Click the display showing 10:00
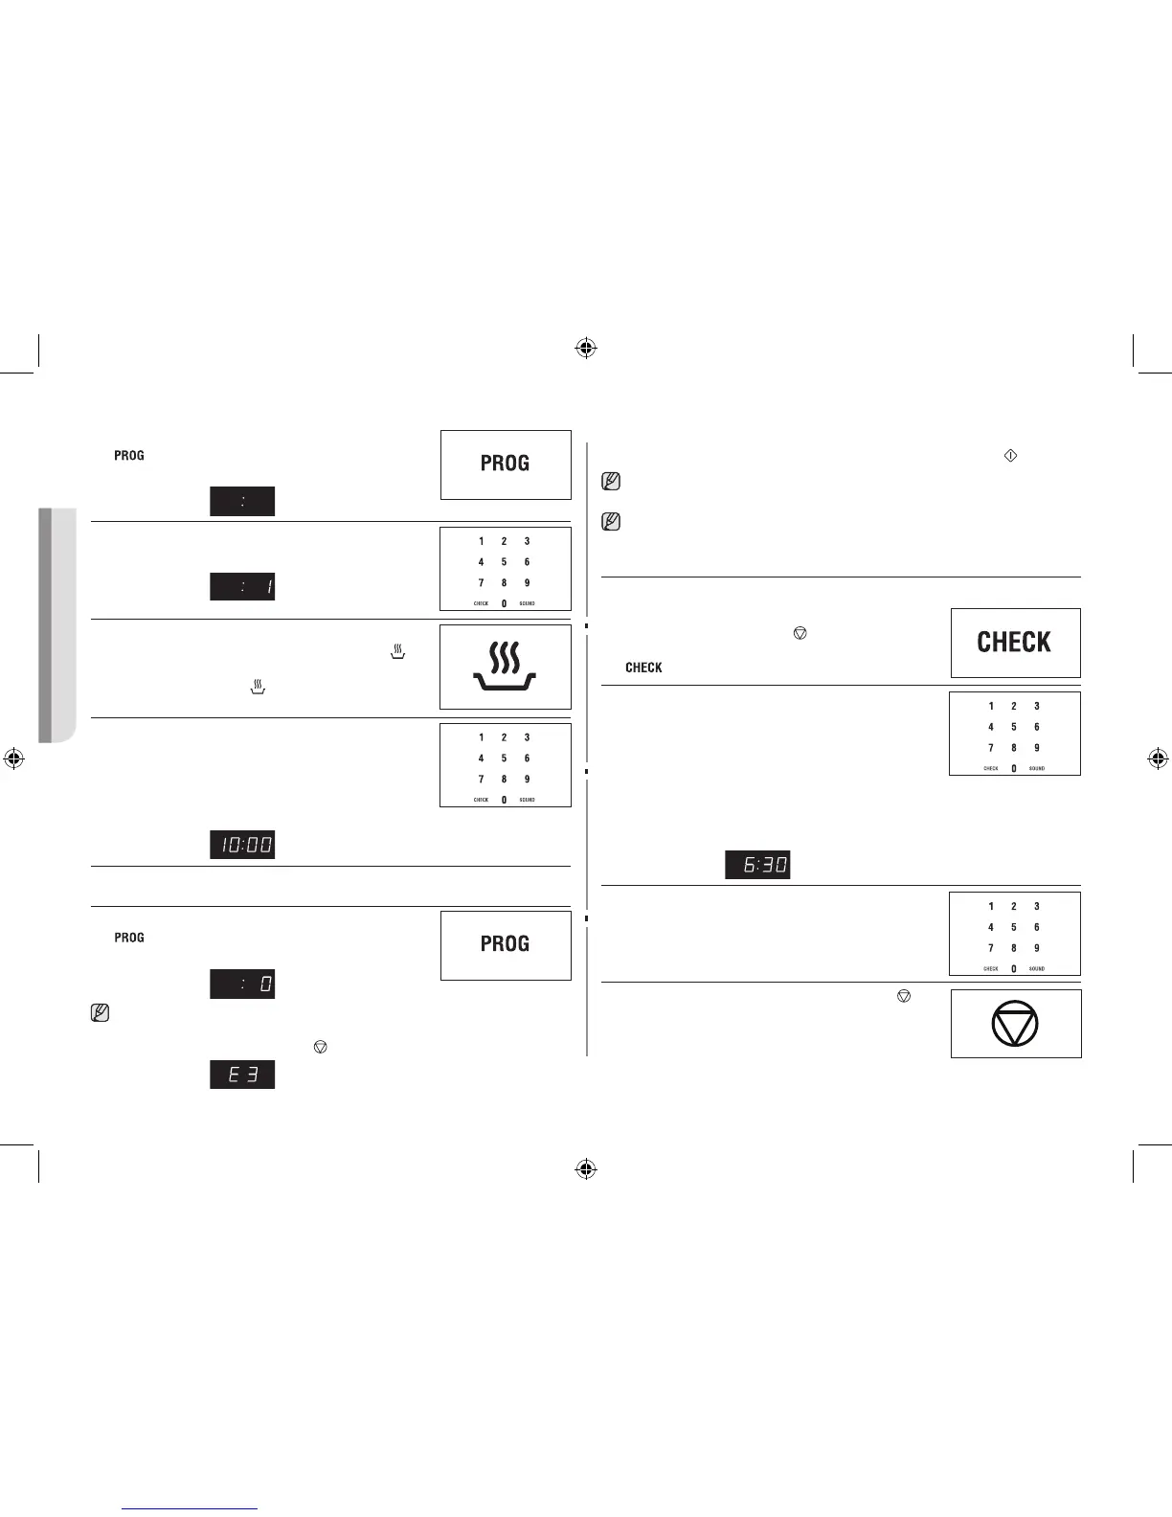click(x=242, y=845)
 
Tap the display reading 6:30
click(x=757, y=865)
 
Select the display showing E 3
click(x=242, y=1075)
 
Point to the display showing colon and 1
click(x=242, y=586)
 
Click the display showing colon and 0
click(x=242, y=984)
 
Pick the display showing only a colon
click(x=242, y=501)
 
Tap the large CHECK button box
click(x=1015, y=643)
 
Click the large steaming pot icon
click(x=506, y=667)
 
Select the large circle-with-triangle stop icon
click(x=1015, y=1024)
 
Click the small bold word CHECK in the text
click(x=643, y=668)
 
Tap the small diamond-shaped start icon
click(x=1009, y=456)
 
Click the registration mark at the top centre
click(x=586, y=349)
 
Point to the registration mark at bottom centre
click(x=586, y=1169)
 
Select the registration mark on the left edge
click(x=13, y=758)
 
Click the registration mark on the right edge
click(x=1158, y=759)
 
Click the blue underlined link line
click(x=191, y=1508)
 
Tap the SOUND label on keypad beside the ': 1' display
click(x=527, y=603)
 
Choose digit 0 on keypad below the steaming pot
click(x=504, y=800)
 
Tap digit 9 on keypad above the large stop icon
click(x=1036, y=948)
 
